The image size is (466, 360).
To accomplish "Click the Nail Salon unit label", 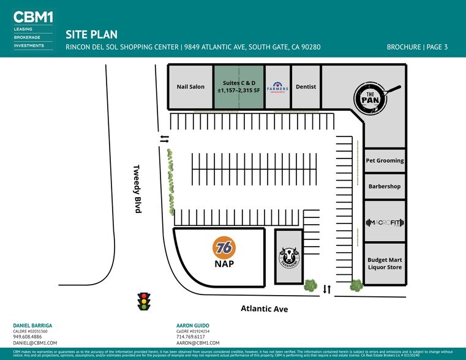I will coord(190,87).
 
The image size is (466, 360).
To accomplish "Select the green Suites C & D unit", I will coord(238,87).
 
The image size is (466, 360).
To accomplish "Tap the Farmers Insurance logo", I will coord(277,87).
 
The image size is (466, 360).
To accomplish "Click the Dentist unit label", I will coord(306,87).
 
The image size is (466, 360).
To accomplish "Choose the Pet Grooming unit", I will coord(385,160).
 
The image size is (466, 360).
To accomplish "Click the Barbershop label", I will coord(385,186).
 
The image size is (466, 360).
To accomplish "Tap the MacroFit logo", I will coord(385,222).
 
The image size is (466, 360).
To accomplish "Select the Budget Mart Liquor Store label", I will coord(385,263).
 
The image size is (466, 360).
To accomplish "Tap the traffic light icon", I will coord(145,301).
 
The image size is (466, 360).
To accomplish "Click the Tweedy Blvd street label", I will coord(138,189).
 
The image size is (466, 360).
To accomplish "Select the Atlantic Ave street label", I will coord(263,309).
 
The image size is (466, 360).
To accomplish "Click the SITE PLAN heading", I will coord(91,35).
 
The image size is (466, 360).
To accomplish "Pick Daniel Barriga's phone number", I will coord(27,337).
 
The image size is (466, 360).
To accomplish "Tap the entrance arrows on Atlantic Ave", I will coord(326,289).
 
